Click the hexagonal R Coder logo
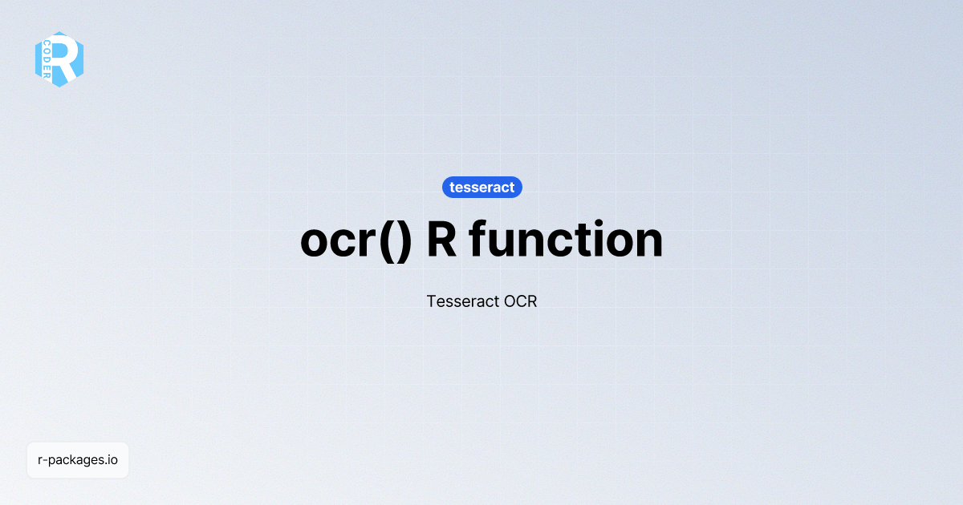(x=59, y=59)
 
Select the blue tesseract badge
(x=482, y=188)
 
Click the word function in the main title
(x=566, y=239)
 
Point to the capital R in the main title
(x=442, y=239)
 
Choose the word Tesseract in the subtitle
(x=461, y=302)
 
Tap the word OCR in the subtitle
(x=520, y=302)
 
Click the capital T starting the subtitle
(x=432, y=302)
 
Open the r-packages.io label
(x=78, y=460)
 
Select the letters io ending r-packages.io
(x=113, y=460)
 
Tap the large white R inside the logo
(x=68, y=58)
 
